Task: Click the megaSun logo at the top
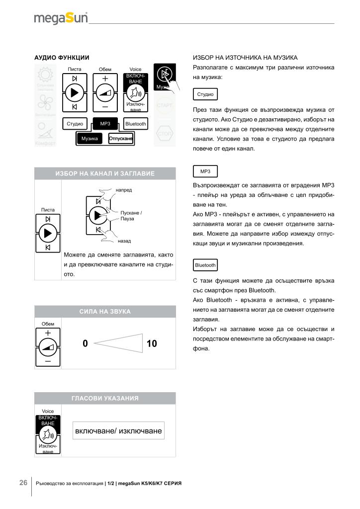(x=61, y=18)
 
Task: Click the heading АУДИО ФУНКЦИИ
(x=61, y=58)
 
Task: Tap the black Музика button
(x=90, y=139)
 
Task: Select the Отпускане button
(x=121, y=139)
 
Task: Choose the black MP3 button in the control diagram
(x=105, y=123)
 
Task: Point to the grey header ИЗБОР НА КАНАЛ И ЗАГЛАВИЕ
(x=105, y=173)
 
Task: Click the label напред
(x=124, y=190)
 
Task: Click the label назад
(x=124, y=241)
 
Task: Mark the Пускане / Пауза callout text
(x=131, y=216)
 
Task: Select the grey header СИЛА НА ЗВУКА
(x=105, y=311)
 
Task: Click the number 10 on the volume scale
(x=152, y=343)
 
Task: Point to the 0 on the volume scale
(x=85, y=343)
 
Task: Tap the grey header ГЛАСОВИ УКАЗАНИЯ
(x=105, y=398)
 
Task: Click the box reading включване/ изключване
(x=118, y=430)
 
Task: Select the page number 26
(x=23, y=483)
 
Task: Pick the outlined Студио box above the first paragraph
(x=205, y=94)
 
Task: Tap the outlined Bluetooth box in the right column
(x=205, y=265)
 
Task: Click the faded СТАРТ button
(x=165, y=105)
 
